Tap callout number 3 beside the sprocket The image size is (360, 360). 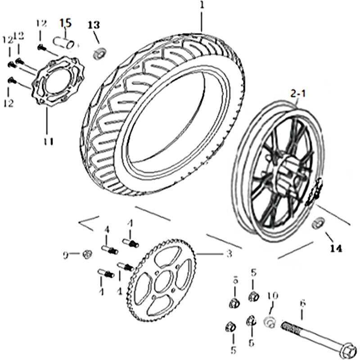229,255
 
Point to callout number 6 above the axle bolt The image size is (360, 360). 302,304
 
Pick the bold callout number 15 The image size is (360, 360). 65,22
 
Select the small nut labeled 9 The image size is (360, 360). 87,255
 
